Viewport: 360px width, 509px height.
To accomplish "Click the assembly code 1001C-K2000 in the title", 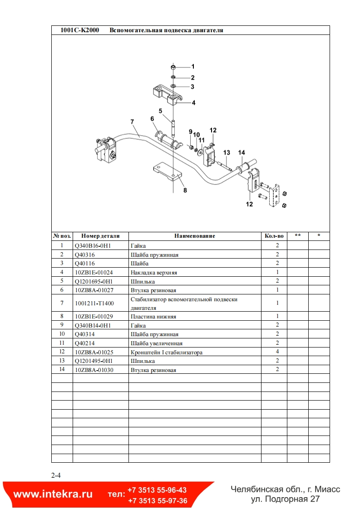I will pyautogui.click(x=79, y=30).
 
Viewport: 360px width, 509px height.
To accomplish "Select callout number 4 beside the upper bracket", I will pyautogui.click(x=193, y=103).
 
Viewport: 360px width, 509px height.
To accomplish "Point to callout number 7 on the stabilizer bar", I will pyautogui.click(x=132, y=122).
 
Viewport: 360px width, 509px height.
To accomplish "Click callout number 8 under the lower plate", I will pyautogui.click(x=185, y=191).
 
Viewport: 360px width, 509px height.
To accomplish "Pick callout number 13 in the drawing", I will pyautogui.click(x=227, y=152).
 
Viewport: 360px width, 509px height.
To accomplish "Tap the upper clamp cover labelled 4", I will pyautogui.click(x=166, y=93).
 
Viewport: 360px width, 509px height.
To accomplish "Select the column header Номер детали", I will pyautogui.click(x=100, y=236).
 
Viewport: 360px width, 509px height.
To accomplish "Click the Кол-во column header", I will pyautogui.click(x=274, y=236).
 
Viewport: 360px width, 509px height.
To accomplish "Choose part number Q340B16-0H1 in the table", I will pyautogui.click(x=93, y=245).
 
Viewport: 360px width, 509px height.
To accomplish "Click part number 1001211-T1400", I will pyautogui.click(x=94, y=303).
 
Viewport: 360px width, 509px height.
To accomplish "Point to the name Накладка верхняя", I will pyautogui.click(x=153, y=273).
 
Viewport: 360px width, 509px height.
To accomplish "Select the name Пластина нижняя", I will pyautogui.click(x=153, y=317).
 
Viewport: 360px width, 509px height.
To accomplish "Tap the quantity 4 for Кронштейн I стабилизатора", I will pyautogui.click(x=277, y=352).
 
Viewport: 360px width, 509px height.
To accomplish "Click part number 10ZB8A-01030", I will pyautogui.click(x=94, y=370).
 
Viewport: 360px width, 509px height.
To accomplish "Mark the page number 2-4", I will pyautogui.click(x=56, y=475).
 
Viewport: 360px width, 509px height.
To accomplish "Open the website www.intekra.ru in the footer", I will pyautogui.click(x=53, y=494).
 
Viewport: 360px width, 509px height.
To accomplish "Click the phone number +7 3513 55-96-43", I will pyautogui.click(x=157, y=490).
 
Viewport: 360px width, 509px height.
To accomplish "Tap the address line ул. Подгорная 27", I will pyautogui.click(x=286, y=499).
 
